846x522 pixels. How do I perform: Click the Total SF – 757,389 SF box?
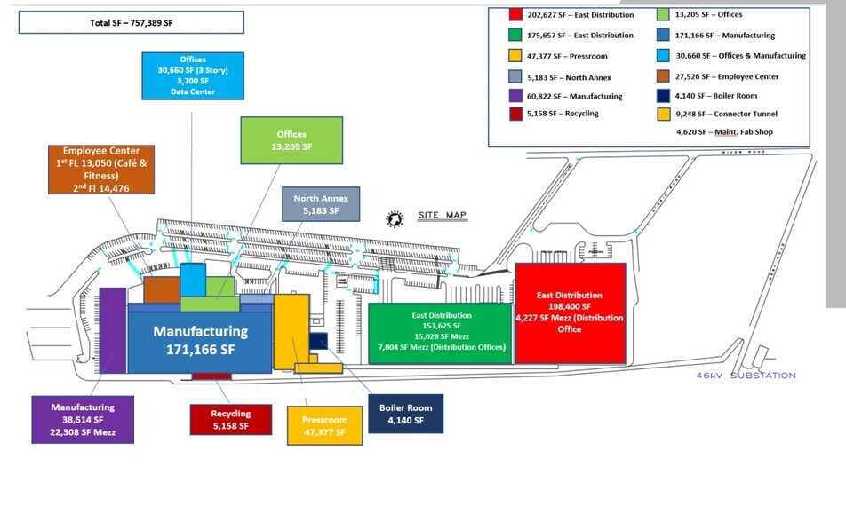(131, 22)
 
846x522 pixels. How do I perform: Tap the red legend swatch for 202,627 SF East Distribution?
(515, 15)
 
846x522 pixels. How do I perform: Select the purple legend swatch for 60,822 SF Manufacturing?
(515, 96)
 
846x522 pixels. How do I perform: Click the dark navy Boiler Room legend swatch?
(664, 96)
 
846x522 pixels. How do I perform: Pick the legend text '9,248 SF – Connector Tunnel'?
(725, 114)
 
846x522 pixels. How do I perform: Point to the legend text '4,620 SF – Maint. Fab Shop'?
(725, 132)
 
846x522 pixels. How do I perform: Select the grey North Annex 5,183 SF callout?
(321, 204)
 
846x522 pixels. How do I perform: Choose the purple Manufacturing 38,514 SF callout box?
(83, 419)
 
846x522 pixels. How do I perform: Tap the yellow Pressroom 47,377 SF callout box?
(326, 425)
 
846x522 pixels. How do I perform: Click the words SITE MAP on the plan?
(442, 216)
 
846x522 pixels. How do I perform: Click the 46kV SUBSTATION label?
(746, 376)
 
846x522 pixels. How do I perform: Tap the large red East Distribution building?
(571, 312)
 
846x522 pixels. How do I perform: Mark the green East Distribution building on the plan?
(441, 332)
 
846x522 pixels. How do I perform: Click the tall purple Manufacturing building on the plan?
(112, 330)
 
